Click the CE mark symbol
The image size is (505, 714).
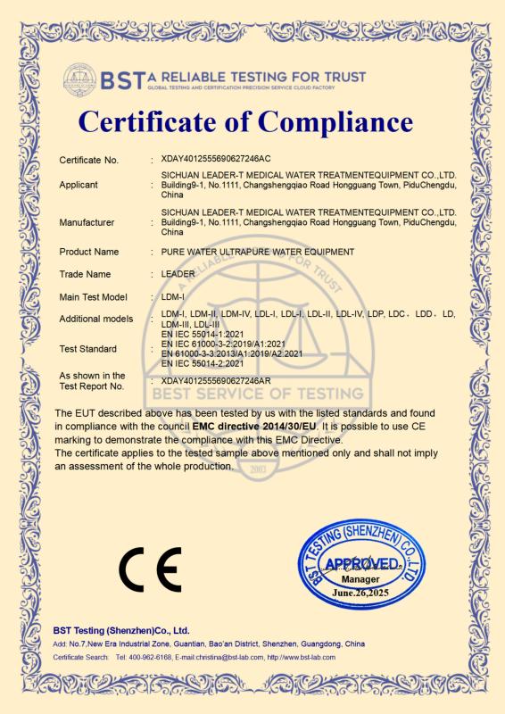(150, 565)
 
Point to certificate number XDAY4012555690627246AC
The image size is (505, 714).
(215, 160)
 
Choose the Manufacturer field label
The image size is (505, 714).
(87, 222)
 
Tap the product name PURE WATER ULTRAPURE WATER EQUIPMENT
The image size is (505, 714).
(258, 252)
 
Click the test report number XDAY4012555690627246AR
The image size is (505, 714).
(215, 381)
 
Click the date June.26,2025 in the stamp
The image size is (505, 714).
(362, 591)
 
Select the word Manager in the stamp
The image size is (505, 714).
(361, 578)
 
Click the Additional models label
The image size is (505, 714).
(95, 319)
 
